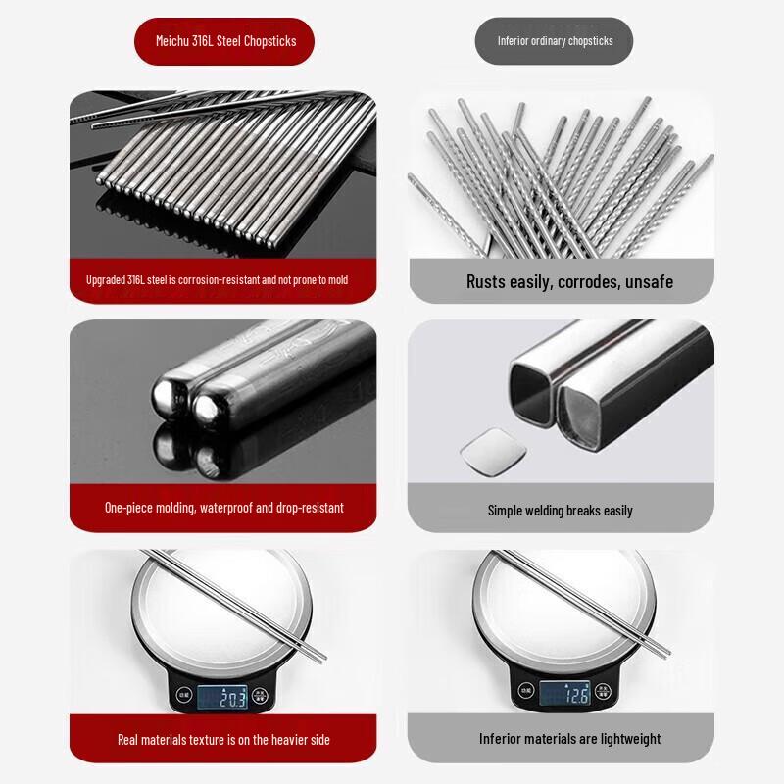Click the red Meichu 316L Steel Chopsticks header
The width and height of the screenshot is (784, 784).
coord(224,41)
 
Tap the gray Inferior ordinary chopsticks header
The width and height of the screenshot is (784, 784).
coord(555,41)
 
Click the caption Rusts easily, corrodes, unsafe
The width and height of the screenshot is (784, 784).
coord(569,282)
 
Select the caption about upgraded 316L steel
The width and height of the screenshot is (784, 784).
coord(217,280)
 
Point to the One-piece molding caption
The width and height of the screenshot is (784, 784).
coord(223,508)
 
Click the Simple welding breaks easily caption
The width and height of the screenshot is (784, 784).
coord(561,511)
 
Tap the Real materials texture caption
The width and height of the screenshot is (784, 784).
coord(223,739)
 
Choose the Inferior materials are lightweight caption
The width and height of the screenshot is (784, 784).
coord(569,739)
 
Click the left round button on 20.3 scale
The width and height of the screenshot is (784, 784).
coord(183,696)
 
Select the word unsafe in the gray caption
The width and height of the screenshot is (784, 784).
coord(649,282)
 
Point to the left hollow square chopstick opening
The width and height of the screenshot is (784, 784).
coord(535,391)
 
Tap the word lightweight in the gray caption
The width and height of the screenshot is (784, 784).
coord(627,739)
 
